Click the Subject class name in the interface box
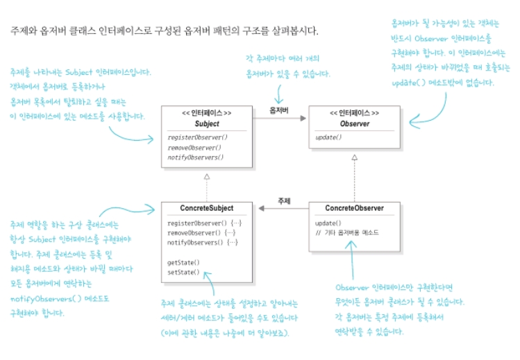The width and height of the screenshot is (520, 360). coord(207,123)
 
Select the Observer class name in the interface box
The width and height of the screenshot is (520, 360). coord(354,123)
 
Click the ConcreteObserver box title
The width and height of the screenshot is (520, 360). coord(354,208)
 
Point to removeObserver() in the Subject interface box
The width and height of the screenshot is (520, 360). coord(194,148)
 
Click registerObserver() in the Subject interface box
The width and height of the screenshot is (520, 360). coord(197,138)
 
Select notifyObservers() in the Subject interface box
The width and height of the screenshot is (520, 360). coord(196,157)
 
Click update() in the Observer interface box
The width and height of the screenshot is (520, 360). coord(328,137)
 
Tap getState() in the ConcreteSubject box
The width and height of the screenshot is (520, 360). coord(183,262)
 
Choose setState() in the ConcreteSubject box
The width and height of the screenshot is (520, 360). coord(183,272)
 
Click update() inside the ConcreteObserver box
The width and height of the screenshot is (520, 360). coord(328,223)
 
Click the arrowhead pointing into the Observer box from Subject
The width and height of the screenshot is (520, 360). coord(302,119)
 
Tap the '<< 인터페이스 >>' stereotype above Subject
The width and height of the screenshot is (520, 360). coord(207,113)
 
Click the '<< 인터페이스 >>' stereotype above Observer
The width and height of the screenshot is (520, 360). coord(354,113)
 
